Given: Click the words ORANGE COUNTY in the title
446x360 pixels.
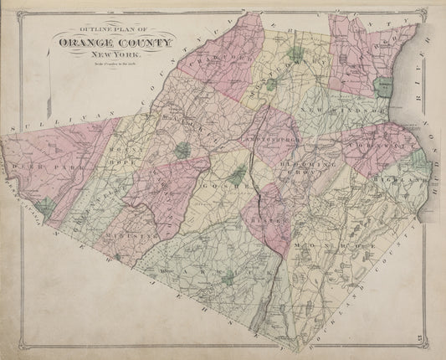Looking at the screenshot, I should [115, 44].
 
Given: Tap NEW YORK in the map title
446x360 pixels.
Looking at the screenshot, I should [115, 54].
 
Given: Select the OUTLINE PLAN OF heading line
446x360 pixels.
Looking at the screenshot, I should [115, 33].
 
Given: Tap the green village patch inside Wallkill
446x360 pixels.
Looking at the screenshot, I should [182, 151].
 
